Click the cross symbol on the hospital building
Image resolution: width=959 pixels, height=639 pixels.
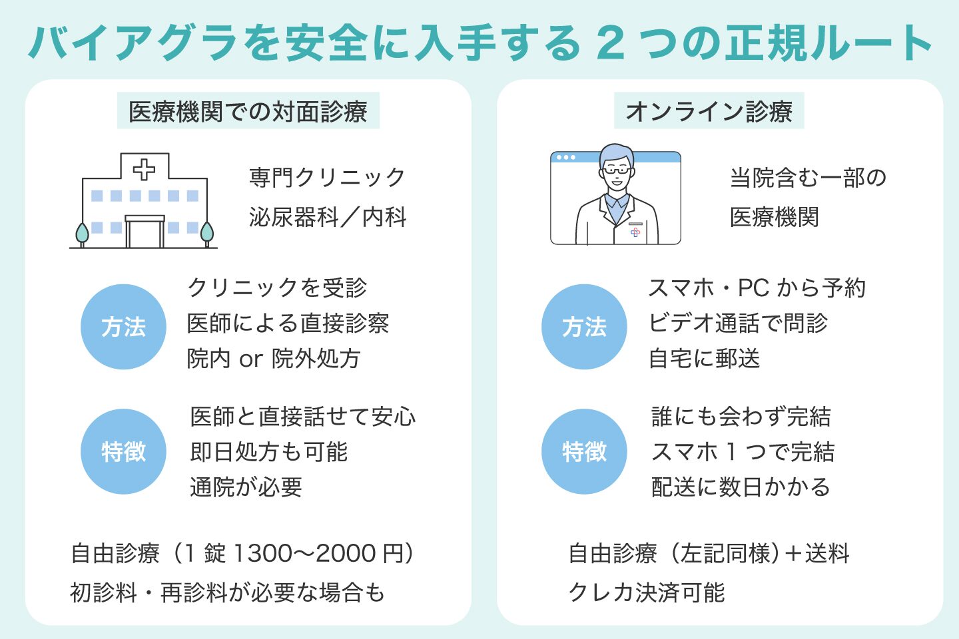click(144, 169)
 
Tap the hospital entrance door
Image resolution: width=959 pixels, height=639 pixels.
click(145, 233)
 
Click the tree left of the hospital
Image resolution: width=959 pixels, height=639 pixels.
click(82, 234)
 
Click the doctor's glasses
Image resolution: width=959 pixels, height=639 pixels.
click(617, 170)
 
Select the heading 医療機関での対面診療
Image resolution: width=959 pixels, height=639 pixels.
click(248, 111)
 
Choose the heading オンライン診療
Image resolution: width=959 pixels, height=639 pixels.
click(709, 111)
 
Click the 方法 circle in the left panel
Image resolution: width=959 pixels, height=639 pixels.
click(123, 327)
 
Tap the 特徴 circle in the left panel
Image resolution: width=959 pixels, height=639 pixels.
click(123, 452)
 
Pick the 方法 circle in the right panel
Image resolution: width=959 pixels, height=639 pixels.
click(584, 327)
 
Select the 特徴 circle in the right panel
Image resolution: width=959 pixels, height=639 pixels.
click(584, 452)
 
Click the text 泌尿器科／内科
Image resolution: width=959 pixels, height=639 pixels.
click(327, 217)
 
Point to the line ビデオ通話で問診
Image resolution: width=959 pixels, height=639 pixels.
click(738, 323)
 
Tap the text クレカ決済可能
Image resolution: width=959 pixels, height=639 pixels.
click(646, 592)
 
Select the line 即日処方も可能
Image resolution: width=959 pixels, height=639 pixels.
click(269, 452)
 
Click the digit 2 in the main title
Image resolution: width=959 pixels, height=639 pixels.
click(611, 43)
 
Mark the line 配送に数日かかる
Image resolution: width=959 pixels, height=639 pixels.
click(741, 487)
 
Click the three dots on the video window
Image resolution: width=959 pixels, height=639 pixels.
click(565, 158)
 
